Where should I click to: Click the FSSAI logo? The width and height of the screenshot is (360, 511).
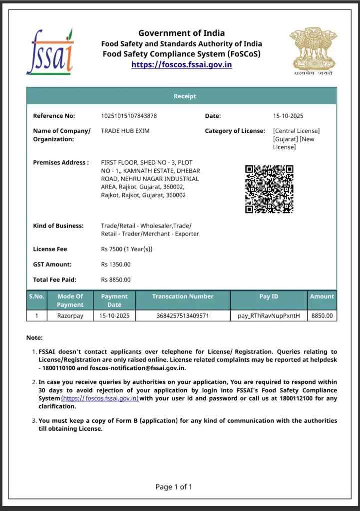pos(49,51)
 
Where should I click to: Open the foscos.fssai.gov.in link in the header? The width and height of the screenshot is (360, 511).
pos(181,64)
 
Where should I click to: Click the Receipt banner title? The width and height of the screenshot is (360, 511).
pos(185,96)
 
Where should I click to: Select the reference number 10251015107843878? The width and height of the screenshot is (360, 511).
pos(129,116)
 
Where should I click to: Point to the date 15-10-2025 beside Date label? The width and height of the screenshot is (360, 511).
pos(288,116)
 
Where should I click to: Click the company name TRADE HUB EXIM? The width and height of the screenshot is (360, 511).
pos(125,131)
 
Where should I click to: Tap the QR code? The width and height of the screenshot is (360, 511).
pos(269,189)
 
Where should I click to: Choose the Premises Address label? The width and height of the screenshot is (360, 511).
pos(61,162)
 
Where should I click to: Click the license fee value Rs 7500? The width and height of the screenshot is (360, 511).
pos(126,249)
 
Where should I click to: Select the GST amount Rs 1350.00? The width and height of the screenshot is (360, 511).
pos(116,264)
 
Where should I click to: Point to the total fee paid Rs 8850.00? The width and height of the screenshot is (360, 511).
pos(116,280)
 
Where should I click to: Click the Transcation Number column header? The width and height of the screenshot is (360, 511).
pos(182,296)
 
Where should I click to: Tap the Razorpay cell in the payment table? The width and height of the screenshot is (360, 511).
pos(70,316)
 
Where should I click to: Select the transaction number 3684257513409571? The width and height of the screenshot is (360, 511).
pos(182,316)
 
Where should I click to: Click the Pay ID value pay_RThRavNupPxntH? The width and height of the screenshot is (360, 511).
pos(269,316)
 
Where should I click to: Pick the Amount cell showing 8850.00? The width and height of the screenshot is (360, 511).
pos(322,316)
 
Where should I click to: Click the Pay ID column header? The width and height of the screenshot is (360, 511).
pos(269,296)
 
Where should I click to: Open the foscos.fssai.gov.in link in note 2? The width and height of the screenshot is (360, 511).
pos(100,398)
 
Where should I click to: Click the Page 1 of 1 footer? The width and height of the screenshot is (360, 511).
pos(174,487)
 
